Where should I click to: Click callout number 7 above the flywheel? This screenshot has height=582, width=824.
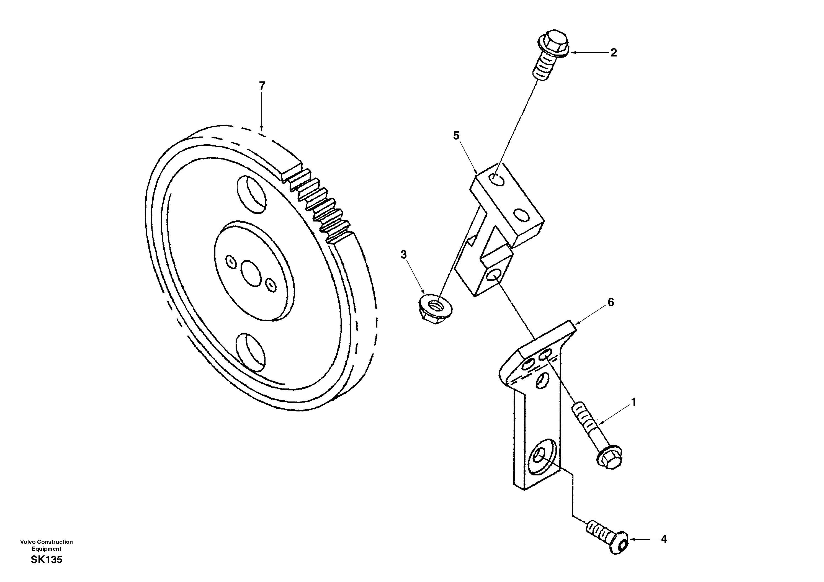(x=262, y=86)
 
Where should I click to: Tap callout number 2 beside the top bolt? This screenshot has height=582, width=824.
(x=614, y=53)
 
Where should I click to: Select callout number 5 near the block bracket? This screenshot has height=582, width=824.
(x=456, y=136)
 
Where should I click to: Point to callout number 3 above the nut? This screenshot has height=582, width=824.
(x=404, y=255)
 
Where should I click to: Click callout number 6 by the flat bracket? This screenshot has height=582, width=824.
(x=611, y=302)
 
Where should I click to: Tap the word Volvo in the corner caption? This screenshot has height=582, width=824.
(x=27, y=542)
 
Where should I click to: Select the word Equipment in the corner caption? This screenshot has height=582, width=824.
(x=46, y=548)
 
